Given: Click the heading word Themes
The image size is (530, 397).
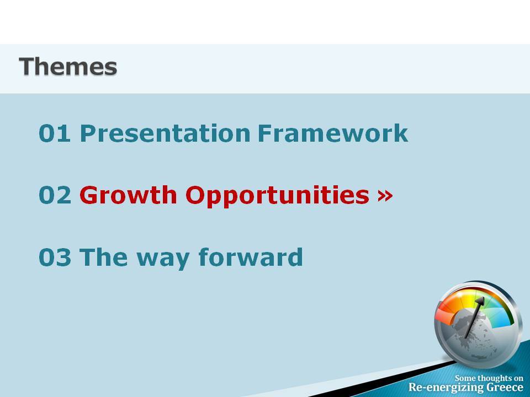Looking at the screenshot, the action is [x=68, y=66].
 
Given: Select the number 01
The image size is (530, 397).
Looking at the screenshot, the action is [x=55, y=133].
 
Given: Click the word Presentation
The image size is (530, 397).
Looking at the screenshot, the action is [x=165, y=133].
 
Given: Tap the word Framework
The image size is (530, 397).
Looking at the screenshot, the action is [x=333, y=133].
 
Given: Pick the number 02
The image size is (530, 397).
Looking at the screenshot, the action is [x=55, y=195].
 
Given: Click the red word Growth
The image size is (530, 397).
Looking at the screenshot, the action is [x=129, y=195].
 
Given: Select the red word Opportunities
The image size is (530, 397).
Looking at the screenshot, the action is [x=277, y=196].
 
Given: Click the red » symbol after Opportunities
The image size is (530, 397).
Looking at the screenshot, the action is [x=385, y=195].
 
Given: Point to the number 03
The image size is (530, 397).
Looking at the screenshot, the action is [x=55, y=257].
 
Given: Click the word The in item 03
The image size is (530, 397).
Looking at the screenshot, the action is [x=104, y=257].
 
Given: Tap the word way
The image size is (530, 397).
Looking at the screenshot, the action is [x=163, y=259].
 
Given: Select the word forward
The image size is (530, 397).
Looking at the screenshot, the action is [x=251, y=257].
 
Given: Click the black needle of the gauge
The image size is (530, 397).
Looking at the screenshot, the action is [x=475, y=317].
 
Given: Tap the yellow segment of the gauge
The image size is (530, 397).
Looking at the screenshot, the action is [x=468, y=297].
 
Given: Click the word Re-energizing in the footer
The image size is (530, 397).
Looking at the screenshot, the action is [x=446, y=388].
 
